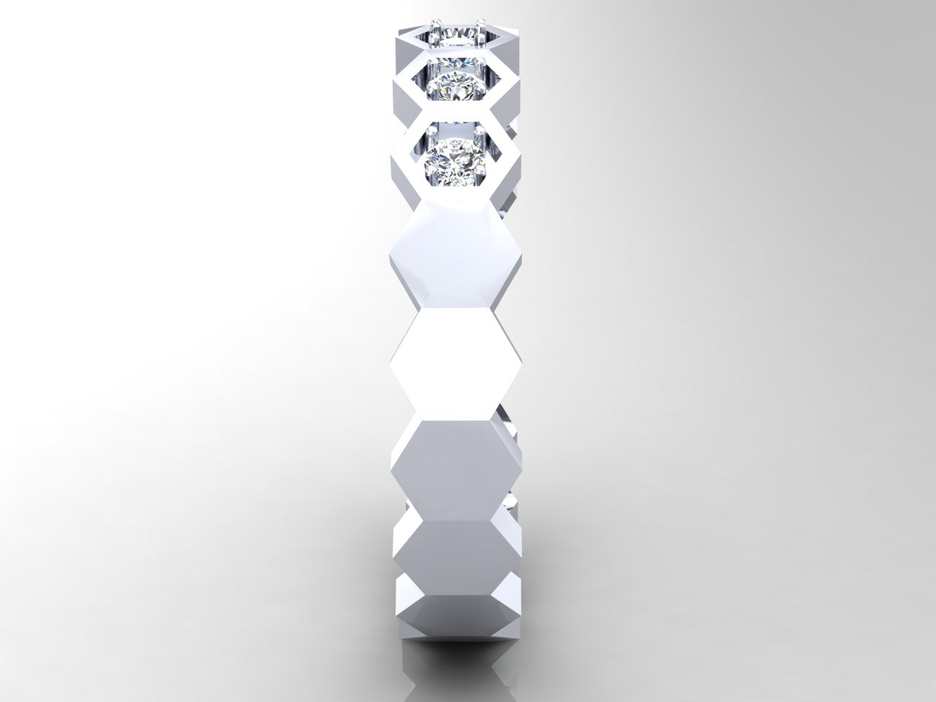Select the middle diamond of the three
point(456,88)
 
